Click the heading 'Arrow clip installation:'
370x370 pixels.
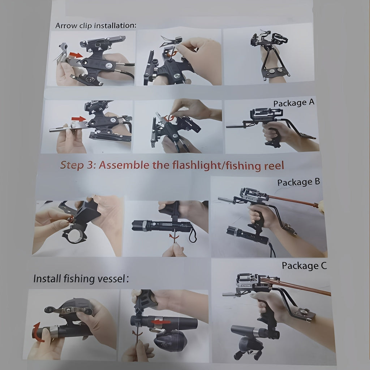(x=95, y=26)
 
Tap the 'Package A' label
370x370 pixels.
(x=294, y=103)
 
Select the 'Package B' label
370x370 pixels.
(x=298, y=182)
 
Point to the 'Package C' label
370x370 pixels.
(x=304, y=266)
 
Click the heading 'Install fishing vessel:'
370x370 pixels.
(x=81, y=279)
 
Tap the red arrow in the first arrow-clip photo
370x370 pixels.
(x=76, y=55)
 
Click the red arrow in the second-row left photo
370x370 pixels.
(x=78, y=119)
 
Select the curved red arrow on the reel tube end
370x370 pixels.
(x=38, y=332)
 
